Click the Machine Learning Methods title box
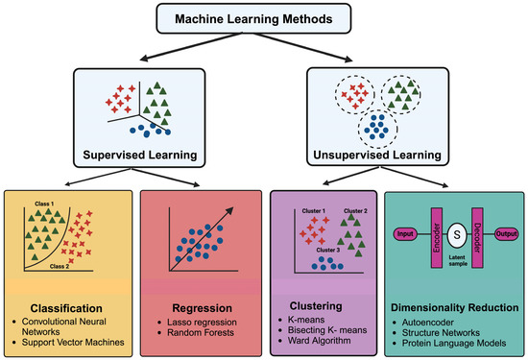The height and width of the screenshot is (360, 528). coord(264,20)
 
